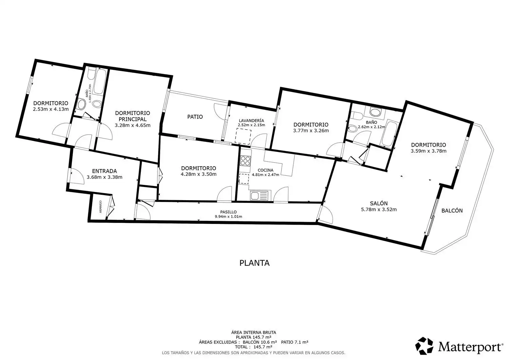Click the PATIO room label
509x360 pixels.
point(195,117)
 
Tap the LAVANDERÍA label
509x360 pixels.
point(251,120)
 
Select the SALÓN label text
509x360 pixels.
point(379,203)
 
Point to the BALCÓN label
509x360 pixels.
point(452,210)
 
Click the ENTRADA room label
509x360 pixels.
point(104,171)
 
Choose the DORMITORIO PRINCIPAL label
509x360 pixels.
point(132,116)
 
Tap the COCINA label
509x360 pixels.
point(265,170)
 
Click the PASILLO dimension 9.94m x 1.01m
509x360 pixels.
point(228,216)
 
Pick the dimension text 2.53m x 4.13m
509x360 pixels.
point(51,109)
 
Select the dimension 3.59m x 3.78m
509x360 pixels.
point(429,151)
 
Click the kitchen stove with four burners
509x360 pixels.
point(245,161)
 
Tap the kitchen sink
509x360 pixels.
point(259,195)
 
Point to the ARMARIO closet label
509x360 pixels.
point(100,207)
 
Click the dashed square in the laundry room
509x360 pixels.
point(243,136)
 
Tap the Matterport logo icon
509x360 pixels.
point(424,346)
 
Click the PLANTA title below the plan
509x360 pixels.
point(254,263)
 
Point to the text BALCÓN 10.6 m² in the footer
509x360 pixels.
point(260,342)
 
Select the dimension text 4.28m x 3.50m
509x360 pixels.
point(199,174)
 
